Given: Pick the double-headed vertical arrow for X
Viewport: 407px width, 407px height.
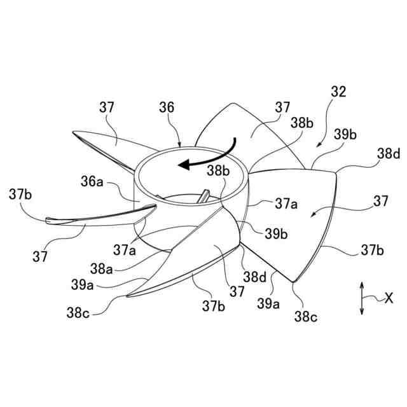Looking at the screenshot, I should click(361, 298).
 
